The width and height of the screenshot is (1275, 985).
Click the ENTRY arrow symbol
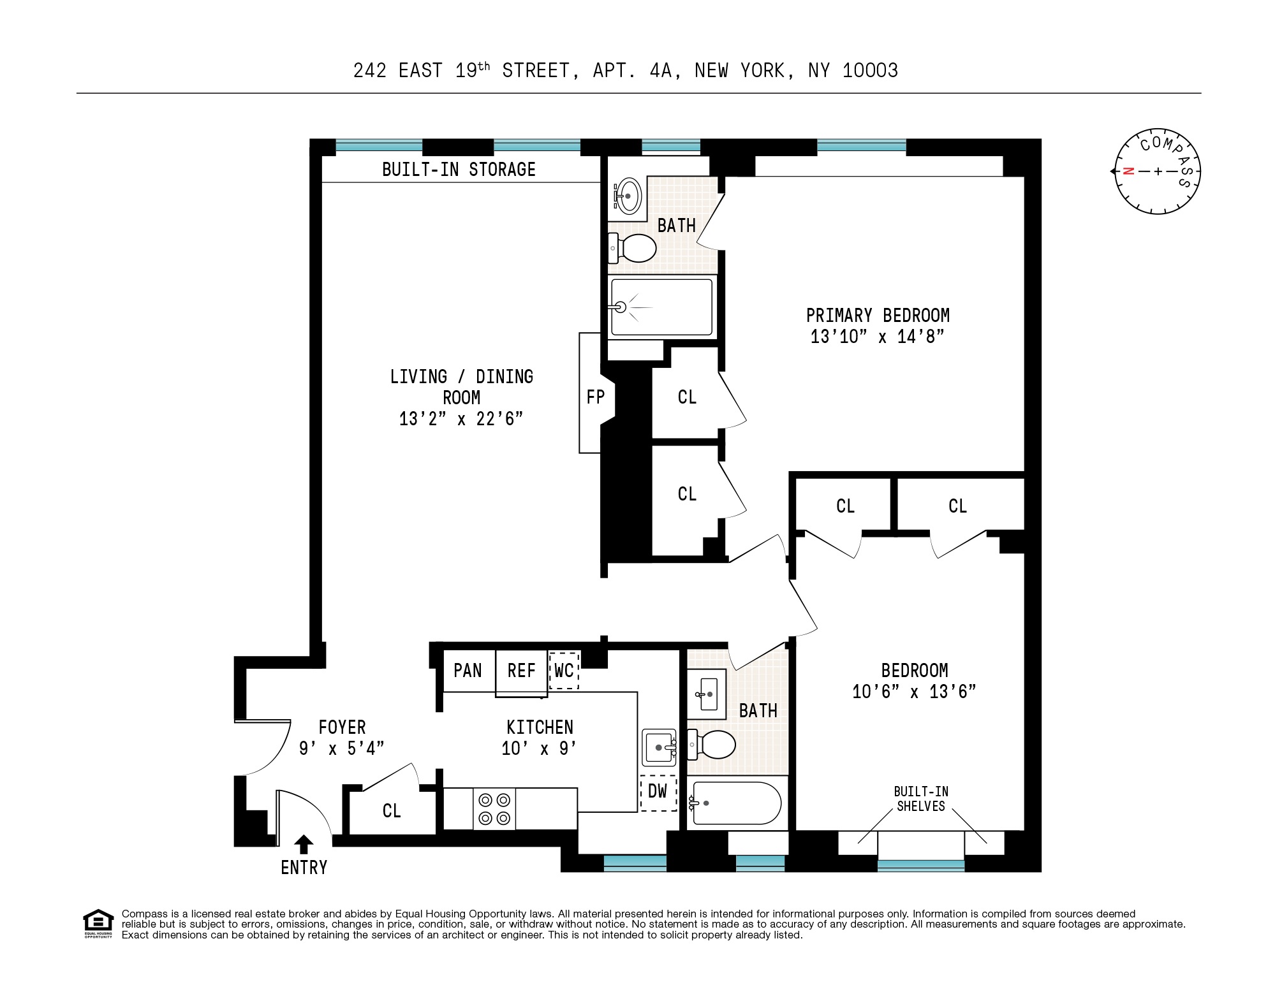(x=304, y=844)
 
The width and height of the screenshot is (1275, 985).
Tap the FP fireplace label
(x=595, y=397)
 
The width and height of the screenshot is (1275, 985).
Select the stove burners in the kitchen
(x=494, y=808)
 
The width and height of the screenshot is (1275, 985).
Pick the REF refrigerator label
(x=521, y=671)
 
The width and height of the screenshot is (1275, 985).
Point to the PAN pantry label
(x=468, y=671)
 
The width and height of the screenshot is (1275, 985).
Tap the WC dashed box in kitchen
(x=564, y=670)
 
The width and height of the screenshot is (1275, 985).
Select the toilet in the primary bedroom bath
(x=635, y=248)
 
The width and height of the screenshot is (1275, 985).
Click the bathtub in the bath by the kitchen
(x=735, y=803)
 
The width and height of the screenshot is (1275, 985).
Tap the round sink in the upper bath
(x=628, y=196)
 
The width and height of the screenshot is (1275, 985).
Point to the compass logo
(x=1158, y=171)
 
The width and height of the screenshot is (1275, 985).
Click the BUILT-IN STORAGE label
(x=459, y=170)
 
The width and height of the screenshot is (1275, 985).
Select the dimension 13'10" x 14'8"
(x=877, y=337)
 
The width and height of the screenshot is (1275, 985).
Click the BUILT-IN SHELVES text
(x=921, y=799)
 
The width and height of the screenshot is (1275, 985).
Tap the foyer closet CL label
(x=392, y=811)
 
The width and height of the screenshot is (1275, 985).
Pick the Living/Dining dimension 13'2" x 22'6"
(x=461, y=419)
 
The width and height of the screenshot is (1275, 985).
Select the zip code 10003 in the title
(x=870, y=70)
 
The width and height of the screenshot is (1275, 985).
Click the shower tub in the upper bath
(x=661, y=307)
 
